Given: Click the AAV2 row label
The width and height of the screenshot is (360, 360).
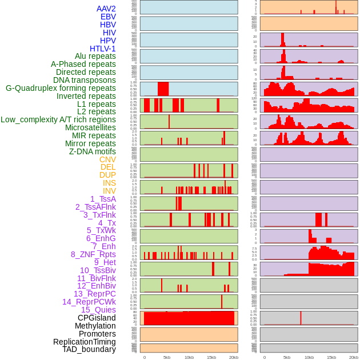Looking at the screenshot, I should (x=106, y=9).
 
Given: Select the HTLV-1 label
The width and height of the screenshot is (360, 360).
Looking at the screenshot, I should (x=103, y=49).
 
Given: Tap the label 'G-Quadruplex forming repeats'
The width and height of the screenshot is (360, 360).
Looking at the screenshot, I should (x=61, y=88).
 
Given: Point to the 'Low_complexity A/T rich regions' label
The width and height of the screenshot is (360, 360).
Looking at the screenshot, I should (x=58, y=119).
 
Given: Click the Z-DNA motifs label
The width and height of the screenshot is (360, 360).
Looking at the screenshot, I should (x=93, y=151).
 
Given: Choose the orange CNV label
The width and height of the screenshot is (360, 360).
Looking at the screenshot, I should (x=107, y=159).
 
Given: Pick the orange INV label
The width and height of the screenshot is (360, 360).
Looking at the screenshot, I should (x=109, y=191).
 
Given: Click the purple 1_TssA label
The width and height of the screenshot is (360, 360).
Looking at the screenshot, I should (x=103, y=199).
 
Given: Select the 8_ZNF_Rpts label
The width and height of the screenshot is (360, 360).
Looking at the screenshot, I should (x=93, y=254).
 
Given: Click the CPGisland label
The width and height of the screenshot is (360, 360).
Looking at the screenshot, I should (x=97, y=318).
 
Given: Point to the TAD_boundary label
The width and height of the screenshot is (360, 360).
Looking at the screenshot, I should (x=89, y=349).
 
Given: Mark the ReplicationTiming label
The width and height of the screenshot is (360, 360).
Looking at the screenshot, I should (x=85, y=342).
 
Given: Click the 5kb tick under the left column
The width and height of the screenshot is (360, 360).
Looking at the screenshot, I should (x=167, y=357).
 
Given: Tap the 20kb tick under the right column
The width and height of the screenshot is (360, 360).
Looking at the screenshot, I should (x=354, y=357).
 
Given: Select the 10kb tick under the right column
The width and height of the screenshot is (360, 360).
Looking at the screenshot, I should (x=309, y=357).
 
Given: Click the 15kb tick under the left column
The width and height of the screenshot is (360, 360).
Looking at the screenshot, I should (x=211, y=357).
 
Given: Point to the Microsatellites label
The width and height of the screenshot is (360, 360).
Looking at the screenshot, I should (x=90, y=127).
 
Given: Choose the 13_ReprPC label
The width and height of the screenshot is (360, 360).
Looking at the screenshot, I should (x=95, y=294).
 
